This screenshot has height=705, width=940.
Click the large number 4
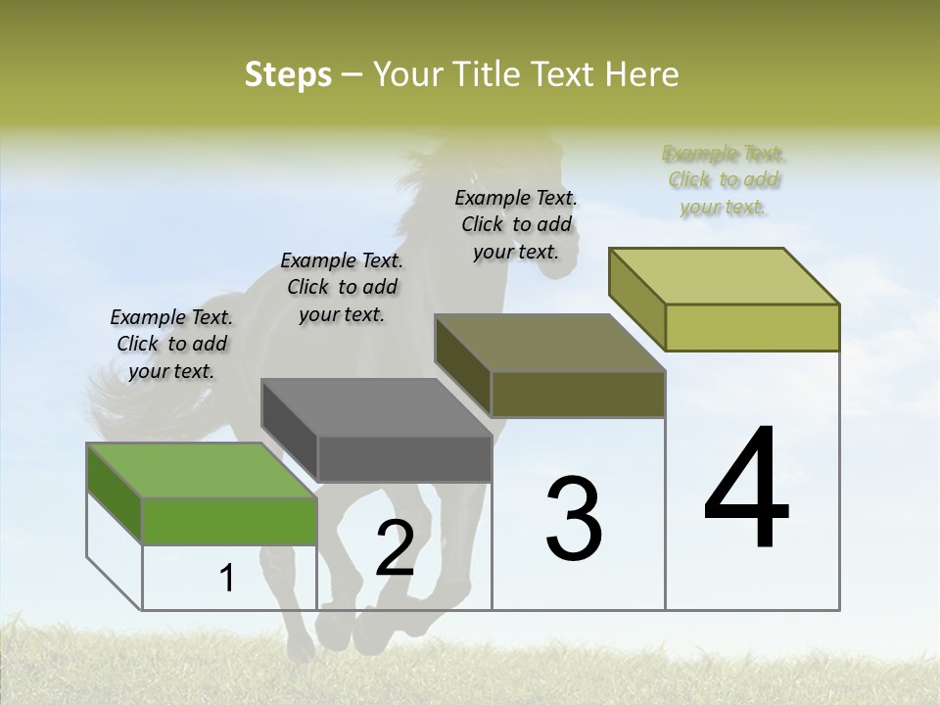746,490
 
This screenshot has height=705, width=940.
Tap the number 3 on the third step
574,518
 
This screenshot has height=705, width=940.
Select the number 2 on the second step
395,548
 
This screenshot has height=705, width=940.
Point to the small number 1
227,579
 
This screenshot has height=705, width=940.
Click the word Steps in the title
288,74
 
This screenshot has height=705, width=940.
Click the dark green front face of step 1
229,521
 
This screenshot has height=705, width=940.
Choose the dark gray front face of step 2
404,458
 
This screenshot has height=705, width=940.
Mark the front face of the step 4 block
752,327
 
